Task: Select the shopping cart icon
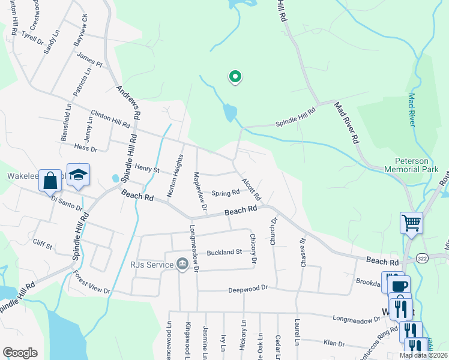[x=412, y=223]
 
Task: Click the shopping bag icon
[x=50, y=179]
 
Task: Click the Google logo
[x=20, y=353]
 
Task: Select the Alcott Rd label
[x=252, y=189]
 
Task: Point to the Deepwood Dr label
[x=247, y=290]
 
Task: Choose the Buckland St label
[x=224, y=252]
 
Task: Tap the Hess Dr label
[x=85, y=148]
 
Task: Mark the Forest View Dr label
[x=92, y=283]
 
